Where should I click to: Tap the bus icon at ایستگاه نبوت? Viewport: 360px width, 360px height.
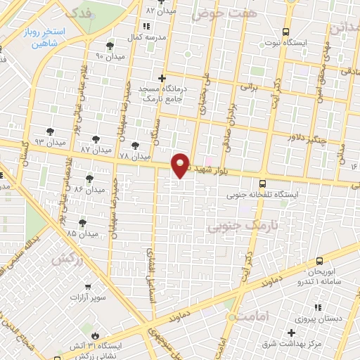[x=285, y=32]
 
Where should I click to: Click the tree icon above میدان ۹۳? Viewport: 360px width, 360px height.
[x=49, y=131]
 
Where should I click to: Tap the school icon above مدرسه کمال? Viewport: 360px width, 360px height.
[x=147, y=26]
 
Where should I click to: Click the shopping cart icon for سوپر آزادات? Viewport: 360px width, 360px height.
[x=87, y=286]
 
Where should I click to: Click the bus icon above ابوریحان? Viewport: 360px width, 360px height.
[x=320, y=259]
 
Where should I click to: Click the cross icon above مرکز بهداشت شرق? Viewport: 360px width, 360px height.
[x=291, y=331]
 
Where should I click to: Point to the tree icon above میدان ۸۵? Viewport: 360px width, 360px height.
[x=82, y=222]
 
